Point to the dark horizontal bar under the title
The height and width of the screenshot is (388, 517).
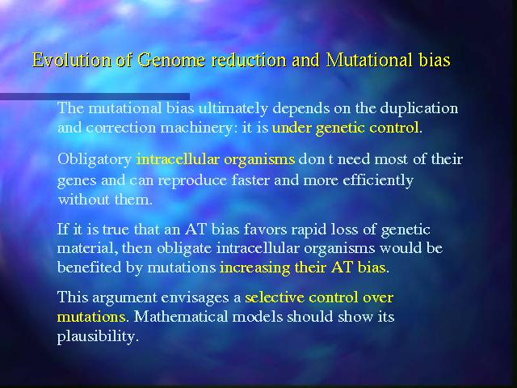95,96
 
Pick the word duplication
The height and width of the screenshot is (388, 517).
418,109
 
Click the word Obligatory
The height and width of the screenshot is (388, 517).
95,160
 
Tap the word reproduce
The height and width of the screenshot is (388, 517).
192,181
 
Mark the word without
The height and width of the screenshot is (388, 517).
84,200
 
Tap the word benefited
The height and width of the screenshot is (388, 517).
89,268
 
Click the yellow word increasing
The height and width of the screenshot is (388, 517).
255,268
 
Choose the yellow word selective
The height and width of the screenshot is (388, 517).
275,297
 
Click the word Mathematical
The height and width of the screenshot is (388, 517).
181,317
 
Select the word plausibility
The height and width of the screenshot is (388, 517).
96,336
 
